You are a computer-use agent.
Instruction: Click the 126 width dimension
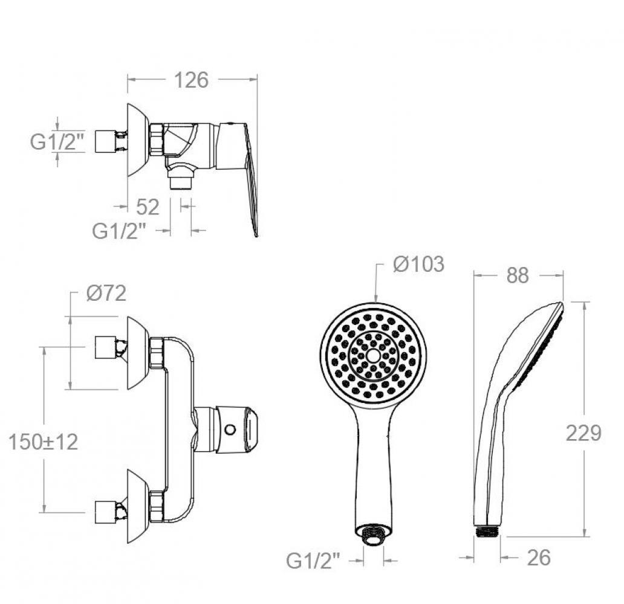[x=192, y=80]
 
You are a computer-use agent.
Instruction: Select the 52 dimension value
[x=148, y=207]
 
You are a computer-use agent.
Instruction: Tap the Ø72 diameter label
[x=106, y=294]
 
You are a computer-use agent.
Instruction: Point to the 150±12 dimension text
[x=43, y=442]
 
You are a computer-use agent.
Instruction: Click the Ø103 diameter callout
[x=418, y=265]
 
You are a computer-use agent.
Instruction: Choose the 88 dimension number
[x=518, y=275]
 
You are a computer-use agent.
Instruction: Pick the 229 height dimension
[x=583, y=433]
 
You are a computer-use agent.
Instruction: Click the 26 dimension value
[x=539, y=557]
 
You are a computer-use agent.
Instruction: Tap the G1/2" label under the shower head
[x=314, y=561]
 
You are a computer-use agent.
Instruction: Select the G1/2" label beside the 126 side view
[x=57, y=141]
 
